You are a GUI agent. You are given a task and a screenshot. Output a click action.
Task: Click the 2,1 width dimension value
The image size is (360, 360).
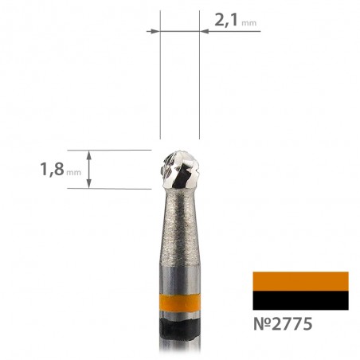click(226, 20)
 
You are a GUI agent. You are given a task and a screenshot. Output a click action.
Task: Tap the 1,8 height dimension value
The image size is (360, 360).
click(52, 169)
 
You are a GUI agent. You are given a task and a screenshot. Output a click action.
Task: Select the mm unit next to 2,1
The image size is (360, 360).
click(249, 23)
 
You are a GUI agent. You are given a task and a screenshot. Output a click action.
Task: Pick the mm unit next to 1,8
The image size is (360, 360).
click(73, 173)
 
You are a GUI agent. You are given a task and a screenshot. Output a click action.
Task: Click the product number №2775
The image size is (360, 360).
click(283, 324)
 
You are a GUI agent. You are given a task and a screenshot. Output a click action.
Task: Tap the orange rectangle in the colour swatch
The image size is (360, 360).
click(300, 281)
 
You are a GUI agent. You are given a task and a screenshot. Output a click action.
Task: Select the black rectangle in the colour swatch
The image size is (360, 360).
click(300, 300)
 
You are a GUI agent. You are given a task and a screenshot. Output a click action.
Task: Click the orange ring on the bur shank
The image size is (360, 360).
click(180, 303)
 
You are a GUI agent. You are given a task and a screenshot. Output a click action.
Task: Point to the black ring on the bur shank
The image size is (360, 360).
click(180, 329)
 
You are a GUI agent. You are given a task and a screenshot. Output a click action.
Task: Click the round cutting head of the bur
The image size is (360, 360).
click(180, 170)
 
